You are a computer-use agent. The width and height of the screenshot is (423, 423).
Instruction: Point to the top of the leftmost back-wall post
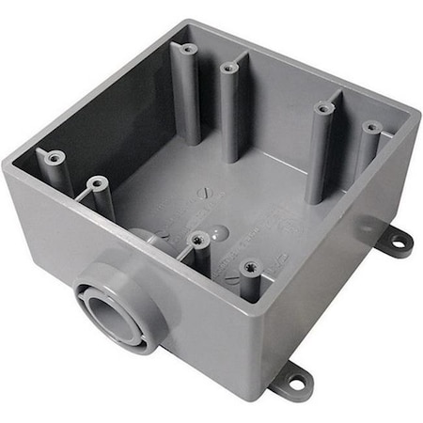(x=188, y=48)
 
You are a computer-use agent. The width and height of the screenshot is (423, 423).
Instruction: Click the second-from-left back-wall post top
(x=229, y=67)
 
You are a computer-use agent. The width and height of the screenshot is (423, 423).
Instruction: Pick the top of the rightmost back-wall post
(x=370, y=126)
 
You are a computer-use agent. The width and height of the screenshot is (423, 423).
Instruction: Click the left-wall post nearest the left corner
(x=54, y=158)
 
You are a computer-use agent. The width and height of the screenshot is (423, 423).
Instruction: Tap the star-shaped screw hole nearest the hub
(x=198, y=240)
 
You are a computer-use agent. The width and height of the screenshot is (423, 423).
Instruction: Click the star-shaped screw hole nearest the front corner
(x=250, y=267)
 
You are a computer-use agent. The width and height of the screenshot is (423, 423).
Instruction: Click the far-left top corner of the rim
(x=8, y=164)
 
